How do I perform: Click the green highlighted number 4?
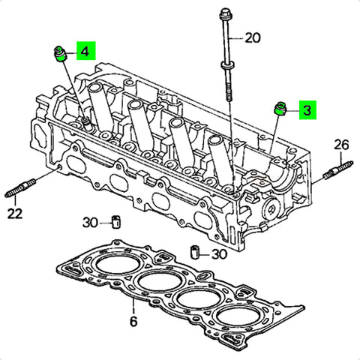click(85, 52)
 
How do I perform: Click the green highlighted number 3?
click(307, 110)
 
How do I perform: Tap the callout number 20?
click(253, 38)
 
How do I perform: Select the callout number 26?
click(341, 145)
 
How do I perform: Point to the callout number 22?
click(15, 214)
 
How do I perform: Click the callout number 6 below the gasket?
click(133, 321)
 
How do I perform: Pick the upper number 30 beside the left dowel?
click(90, 222)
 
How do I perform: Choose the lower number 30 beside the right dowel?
click(220, 254)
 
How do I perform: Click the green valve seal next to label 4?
click(60, 54)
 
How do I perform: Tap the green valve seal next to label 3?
click(280, 109)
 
